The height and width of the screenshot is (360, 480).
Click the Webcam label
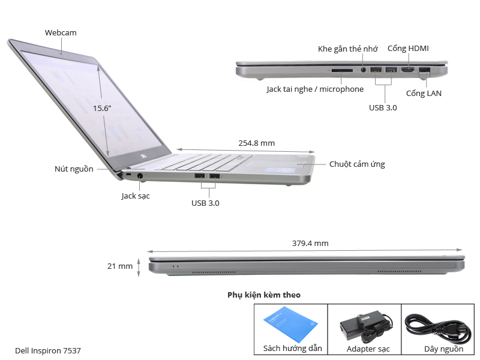[x=61, y=32]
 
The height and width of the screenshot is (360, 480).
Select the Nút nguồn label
[x=74, y=169]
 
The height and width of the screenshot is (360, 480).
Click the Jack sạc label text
[x=136, y=196]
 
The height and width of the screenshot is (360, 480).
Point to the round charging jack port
[x=140, y=176]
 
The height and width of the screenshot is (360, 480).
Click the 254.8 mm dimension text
[x=256, y=143]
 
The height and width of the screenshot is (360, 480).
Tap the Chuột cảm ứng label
[x=357, y=164]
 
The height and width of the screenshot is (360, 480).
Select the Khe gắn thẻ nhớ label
[x=347, y=49]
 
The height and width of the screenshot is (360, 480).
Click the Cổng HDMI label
[x=408, y=48]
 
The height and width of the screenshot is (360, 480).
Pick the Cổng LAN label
[x=424, y=93]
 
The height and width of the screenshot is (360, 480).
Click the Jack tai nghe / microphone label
[x=315, y=89]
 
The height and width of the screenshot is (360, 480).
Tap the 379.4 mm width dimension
[x=310, y=243]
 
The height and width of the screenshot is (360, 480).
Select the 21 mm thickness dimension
[x=121, y=266]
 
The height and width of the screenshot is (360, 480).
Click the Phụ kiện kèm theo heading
[x=264, y=295]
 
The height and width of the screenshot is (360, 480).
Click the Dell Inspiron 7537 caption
[x=48, y=350]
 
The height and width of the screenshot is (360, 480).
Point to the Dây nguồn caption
[x=443, y=349]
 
